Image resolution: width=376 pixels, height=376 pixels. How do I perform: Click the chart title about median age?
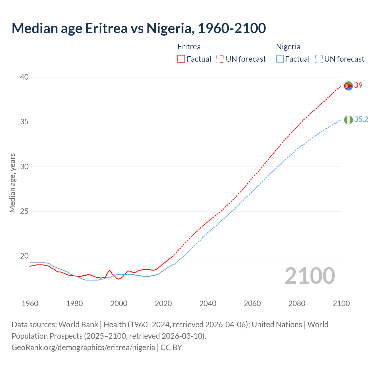139,28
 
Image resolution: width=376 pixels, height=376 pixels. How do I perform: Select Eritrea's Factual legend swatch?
181,59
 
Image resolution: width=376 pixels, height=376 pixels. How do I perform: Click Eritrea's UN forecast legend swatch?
220,59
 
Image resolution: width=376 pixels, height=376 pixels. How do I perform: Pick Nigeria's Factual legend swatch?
280,59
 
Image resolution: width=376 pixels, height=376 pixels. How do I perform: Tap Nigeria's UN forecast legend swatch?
319,59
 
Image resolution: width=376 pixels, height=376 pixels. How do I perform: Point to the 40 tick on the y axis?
24,77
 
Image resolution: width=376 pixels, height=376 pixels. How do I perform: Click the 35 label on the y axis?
24,122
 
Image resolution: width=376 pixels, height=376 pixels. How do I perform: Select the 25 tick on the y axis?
24,211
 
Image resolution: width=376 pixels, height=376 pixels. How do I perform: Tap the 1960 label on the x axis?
30,303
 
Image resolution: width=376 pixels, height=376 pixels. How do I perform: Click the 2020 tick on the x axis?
163,303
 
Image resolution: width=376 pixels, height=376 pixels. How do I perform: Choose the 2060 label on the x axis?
252,303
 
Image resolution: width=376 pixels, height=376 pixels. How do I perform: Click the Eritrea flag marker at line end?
348,86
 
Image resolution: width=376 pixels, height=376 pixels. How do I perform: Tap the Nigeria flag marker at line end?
348,120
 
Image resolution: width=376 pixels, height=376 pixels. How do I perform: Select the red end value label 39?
358,85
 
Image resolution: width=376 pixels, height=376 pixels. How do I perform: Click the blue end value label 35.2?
361,119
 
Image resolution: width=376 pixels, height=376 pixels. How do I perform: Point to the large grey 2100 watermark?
310,276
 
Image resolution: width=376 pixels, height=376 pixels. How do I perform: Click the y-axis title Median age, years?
12,183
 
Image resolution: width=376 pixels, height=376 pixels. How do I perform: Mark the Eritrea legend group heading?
189,47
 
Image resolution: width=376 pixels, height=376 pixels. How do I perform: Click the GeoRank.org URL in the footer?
83,348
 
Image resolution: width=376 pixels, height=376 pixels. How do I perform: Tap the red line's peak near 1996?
110,270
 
